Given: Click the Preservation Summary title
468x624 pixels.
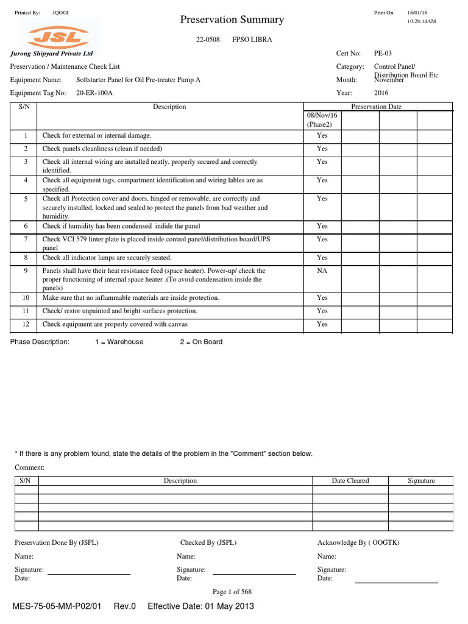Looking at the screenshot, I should tap(232, 19).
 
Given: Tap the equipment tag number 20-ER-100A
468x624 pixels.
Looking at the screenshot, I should tap(94, 93).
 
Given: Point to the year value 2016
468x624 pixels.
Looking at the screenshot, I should tap(381, 93).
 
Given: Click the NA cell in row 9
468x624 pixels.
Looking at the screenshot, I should tap(322, 271).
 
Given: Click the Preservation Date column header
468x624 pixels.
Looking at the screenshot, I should tap(376, 107).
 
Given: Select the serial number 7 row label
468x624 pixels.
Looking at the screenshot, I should tap(26, 239).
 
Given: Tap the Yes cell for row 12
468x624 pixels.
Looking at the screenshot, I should tap(322, 324).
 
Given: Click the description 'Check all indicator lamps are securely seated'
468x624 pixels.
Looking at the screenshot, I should tap(107, 258).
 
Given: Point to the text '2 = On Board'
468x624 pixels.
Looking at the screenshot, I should tap(201, 342).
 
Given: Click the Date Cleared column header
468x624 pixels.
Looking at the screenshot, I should tap(350, 481).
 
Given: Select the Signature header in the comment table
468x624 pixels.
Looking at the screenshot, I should tap(421, 481).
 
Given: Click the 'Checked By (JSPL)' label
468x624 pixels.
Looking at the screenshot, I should tap(208, 542).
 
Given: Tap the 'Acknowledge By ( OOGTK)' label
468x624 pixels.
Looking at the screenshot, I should tap(358, 542).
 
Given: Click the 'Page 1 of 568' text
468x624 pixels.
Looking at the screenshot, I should tap(232, 592).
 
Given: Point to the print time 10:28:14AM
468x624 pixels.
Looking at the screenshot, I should tap(421, 21).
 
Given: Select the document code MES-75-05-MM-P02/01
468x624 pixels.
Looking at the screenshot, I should tap(57, 606).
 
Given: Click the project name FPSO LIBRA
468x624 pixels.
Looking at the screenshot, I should tap(252, 40).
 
